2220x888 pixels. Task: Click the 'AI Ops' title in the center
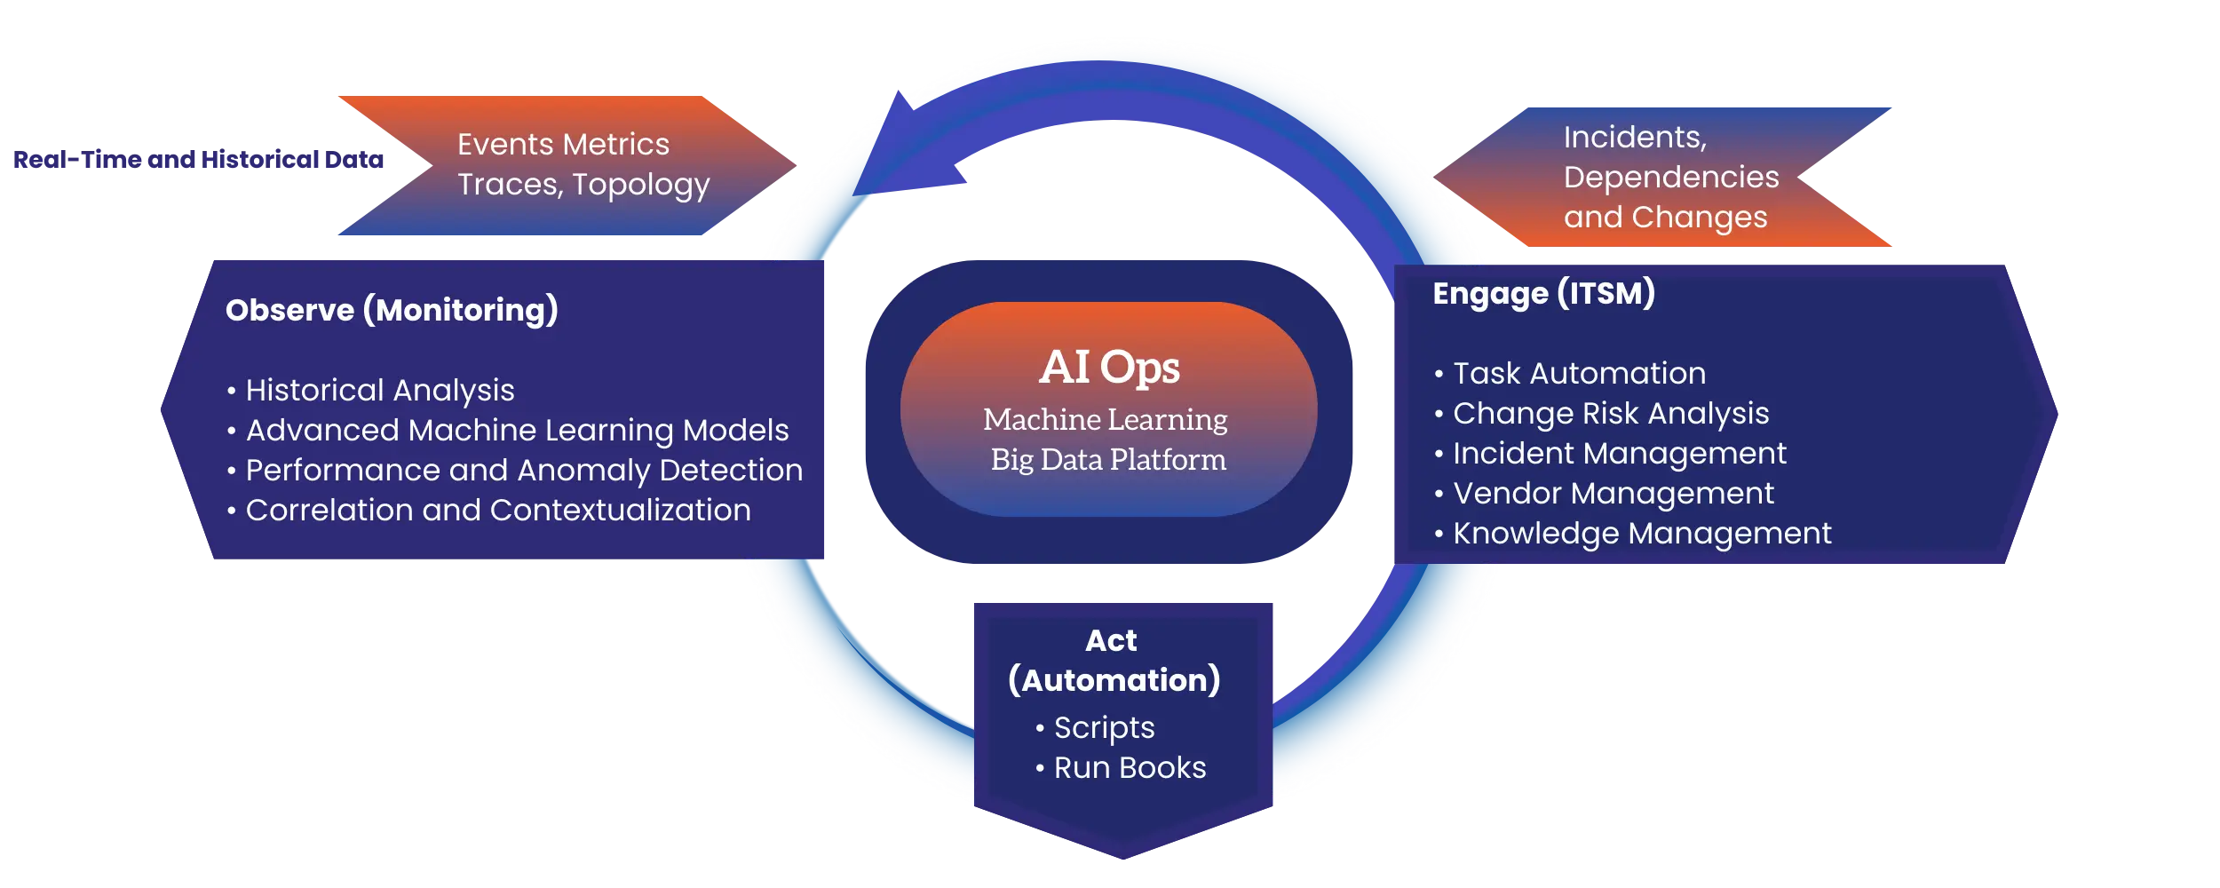pyautogui.click(x=1109, y=367)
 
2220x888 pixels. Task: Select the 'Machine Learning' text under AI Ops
pyautogui.click(x=1106, y=419)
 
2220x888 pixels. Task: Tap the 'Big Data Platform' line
pyautogui.click(x=1108, y=459)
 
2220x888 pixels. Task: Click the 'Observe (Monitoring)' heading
pyautogui.click(x=392, y=310)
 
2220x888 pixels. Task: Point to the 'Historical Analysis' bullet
pyautogui.click(x=379, y=390)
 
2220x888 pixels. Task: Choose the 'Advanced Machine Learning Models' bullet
pyautogui.click(x=517, y=430)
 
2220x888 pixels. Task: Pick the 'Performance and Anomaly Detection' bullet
pyautogui.click(x=524, y=470)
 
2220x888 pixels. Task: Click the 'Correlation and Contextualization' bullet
pyautogui.click(x=497, y=510)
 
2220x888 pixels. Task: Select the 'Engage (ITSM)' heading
pyautogui.click(x=1543, y=293)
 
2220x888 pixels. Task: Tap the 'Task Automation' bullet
pyautogui.click(x=1579, y=373)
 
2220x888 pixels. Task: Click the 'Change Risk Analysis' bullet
pyautogui.click(x=1611, y=413)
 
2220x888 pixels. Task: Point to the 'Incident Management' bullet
pyautogui.click(x=1619, y=453)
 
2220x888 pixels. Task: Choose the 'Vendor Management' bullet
pyautogui.click(x=1613, y=493)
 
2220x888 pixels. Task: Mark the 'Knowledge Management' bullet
pyautogui.click(x=1642, y=533)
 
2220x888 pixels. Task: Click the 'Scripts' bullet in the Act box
pyautogui.click(x=1104, y=727)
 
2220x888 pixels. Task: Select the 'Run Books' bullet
pyautogui.click(x=1130, y=767)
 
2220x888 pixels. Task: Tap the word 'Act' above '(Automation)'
pyautogui.click(x=1111, y=640)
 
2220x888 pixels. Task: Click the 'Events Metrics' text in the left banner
pyautogui.click(x=563, y=144)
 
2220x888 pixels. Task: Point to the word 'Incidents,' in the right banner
pyautogui.click(x=1635, y=137)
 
